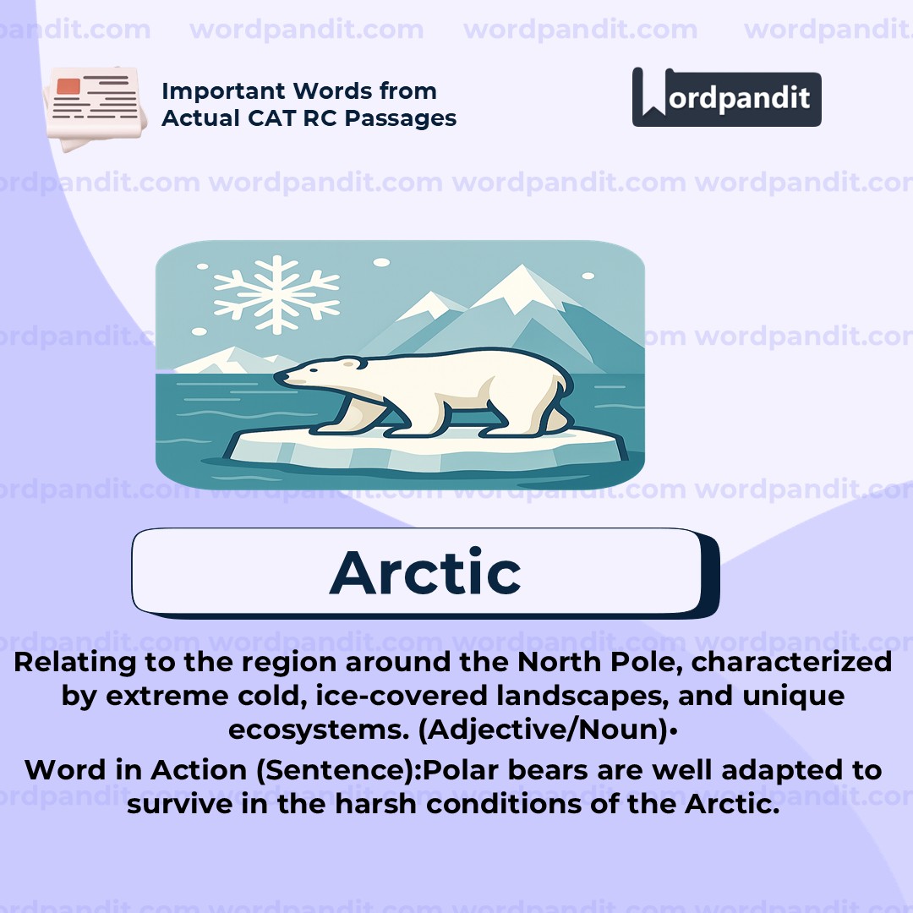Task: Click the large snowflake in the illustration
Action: point(276,295)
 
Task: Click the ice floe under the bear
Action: point(423,448)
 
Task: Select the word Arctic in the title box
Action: point(425,572)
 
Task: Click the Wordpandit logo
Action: point(726,97)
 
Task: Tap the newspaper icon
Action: point(90,108)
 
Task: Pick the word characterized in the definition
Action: point(792,662)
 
